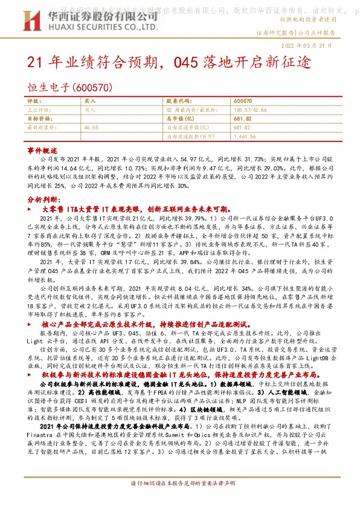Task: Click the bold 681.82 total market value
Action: click(242, 119)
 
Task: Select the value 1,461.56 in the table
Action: click(245, 137)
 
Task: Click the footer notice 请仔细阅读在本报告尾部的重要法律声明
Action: click(180, 501)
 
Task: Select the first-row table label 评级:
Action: click(34, 102)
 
